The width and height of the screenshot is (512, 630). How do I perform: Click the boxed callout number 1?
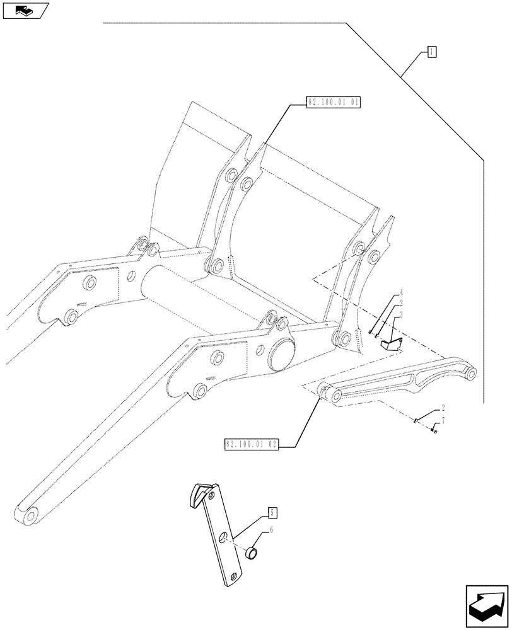click(x=430, y=52)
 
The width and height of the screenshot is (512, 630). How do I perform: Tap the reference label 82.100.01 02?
click(x=252, y=445)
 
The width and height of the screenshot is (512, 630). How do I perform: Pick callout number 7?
click(x=443, y=420)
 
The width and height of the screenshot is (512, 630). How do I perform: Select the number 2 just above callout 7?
click(x=443, y=409)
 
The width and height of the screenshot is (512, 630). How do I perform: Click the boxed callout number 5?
click(x=271, y=511)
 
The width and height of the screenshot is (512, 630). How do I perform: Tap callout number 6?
click(x=271, y=531)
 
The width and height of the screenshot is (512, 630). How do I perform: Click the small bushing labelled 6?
click(x=252, y=554)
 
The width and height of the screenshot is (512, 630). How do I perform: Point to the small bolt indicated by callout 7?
click(x=434, y=431)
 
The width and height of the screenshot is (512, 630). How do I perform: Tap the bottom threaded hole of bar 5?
click(x=234, y=576)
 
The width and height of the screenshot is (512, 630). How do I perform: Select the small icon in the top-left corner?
click(x=24, y=9)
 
